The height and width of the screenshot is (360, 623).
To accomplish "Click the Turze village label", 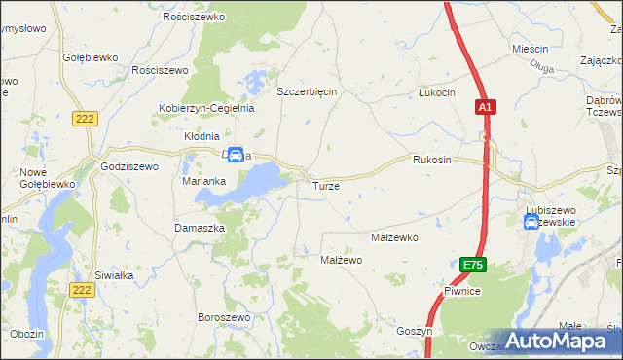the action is point(325,185).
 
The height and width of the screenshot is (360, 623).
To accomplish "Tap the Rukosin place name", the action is point(431,160).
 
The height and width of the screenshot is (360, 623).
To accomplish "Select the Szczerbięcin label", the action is point(307,91).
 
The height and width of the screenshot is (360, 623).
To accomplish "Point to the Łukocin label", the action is point(436,92).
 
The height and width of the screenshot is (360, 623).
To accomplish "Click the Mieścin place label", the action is point(531,48).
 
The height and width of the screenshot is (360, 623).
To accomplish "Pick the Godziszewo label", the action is point(129,166).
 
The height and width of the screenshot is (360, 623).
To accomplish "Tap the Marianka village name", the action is point(204,181).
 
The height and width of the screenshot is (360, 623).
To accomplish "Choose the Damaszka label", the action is point(200,227).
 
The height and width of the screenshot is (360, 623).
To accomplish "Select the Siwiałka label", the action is point(114,275).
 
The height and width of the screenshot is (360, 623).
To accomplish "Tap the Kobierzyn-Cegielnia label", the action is point(207,108).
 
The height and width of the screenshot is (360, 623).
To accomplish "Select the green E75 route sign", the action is point(473,265).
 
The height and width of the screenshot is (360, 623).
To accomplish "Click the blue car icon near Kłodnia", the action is point(235,154).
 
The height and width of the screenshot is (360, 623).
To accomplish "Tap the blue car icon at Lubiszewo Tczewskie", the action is point(531,222).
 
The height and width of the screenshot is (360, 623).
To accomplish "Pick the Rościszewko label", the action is point(194,18).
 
